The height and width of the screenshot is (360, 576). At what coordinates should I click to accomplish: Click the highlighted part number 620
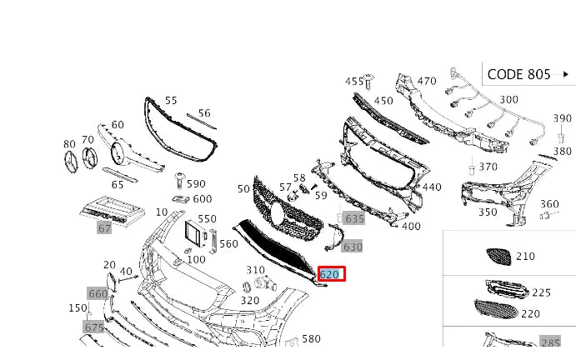coord(330,274)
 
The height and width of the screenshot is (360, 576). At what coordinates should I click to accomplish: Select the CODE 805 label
coord(518,74)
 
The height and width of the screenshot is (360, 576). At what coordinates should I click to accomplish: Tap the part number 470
coord(426,81)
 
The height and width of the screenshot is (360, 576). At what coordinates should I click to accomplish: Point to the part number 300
coord(508,100)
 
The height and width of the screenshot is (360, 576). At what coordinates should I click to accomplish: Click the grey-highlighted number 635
coord(354,218)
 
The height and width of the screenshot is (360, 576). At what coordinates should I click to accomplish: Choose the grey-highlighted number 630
coord(353,247)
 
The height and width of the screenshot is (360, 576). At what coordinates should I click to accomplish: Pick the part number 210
coord(525,256)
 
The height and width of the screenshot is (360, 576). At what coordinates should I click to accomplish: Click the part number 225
coord(541,292)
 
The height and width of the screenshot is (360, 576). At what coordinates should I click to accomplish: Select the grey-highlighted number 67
coord(104,227)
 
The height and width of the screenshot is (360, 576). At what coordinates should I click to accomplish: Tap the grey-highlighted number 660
coord(98,293)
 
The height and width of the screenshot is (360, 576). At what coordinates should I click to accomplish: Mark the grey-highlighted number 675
coord(94,327)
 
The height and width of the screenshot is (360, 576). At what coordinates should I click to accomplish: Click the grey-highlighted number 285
coord(550,342)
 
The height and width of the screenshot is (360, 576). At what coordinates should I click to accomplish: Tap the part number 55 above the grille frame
coord(171,100)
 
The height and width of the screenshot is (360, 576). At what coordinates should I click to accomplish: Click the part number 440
coord(432,187)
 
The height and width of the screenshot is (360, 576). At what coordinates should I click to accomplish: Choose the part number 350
coord(487,212)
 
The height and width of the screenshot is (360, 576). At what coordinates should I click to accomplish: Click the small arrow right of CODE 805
coord(566,74)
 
